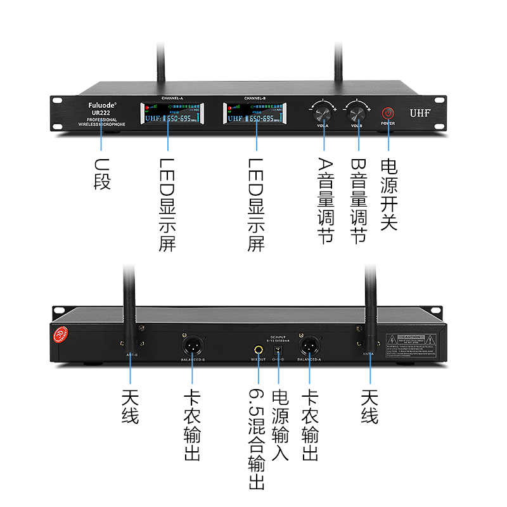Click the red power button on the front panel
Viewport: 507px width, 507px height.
tap(388, 113)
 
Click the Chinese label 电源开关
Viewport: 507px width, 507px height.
tap(388, 193)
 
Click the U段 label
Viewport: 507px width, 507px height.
tap(102, 174)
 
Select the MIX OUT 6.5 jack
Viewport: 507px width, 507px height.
tap(259, 349)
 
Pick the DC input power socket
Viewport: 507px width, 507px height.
tap(277, 350)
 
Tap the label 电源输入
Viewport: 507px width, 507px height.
tap(279, 425)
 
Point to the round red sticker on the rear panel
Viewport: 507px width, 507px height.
tap(58, 335)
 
